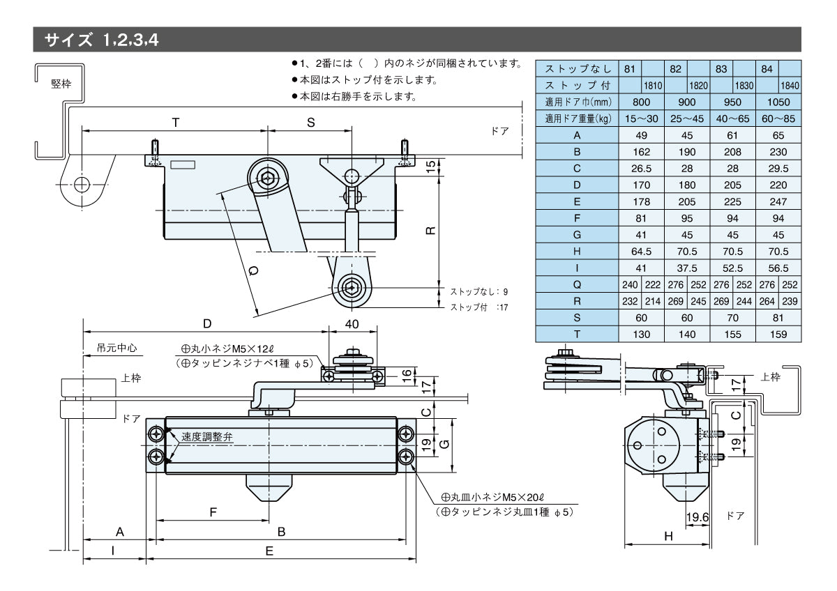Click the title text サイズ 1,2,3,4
[102, 40]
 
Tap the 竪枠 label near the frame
[61, 83]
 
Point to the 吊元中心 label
[112, 346]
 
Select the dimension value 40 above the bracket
[352, 324]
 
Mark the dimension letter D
[207, 324]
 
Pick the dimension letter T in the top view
[176, 123]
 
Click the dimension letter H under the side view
[668, 536]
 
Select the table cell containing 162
[642, 152]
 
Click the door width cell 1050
[778, 102]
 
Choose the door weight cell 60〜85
[778, 118]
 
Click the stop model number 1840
[790, 85]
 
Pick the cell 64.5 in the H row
[642, 252]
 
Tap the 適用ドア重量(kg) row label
[577, 118]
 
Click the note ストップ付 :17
[478, 307]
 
